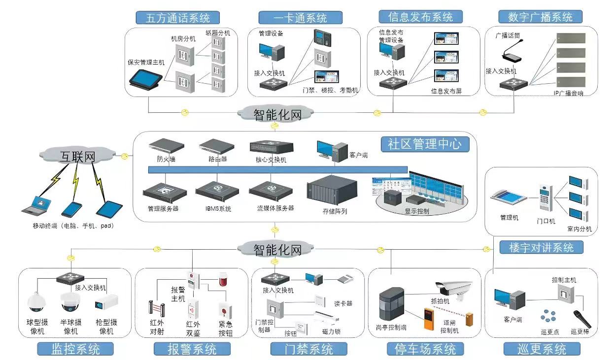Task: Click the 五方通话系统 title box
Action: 178,18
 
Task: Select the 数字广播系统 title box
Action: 541,17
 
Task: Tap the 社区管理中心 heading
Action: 424,144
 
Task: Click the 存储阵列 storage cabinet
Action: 331,194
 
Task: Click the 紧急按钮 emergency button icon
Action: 225,310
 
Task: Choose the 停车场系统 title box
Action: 425,349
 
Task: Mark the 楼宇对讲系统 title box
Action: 541,247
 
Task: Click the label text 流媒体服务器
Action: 275,208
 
